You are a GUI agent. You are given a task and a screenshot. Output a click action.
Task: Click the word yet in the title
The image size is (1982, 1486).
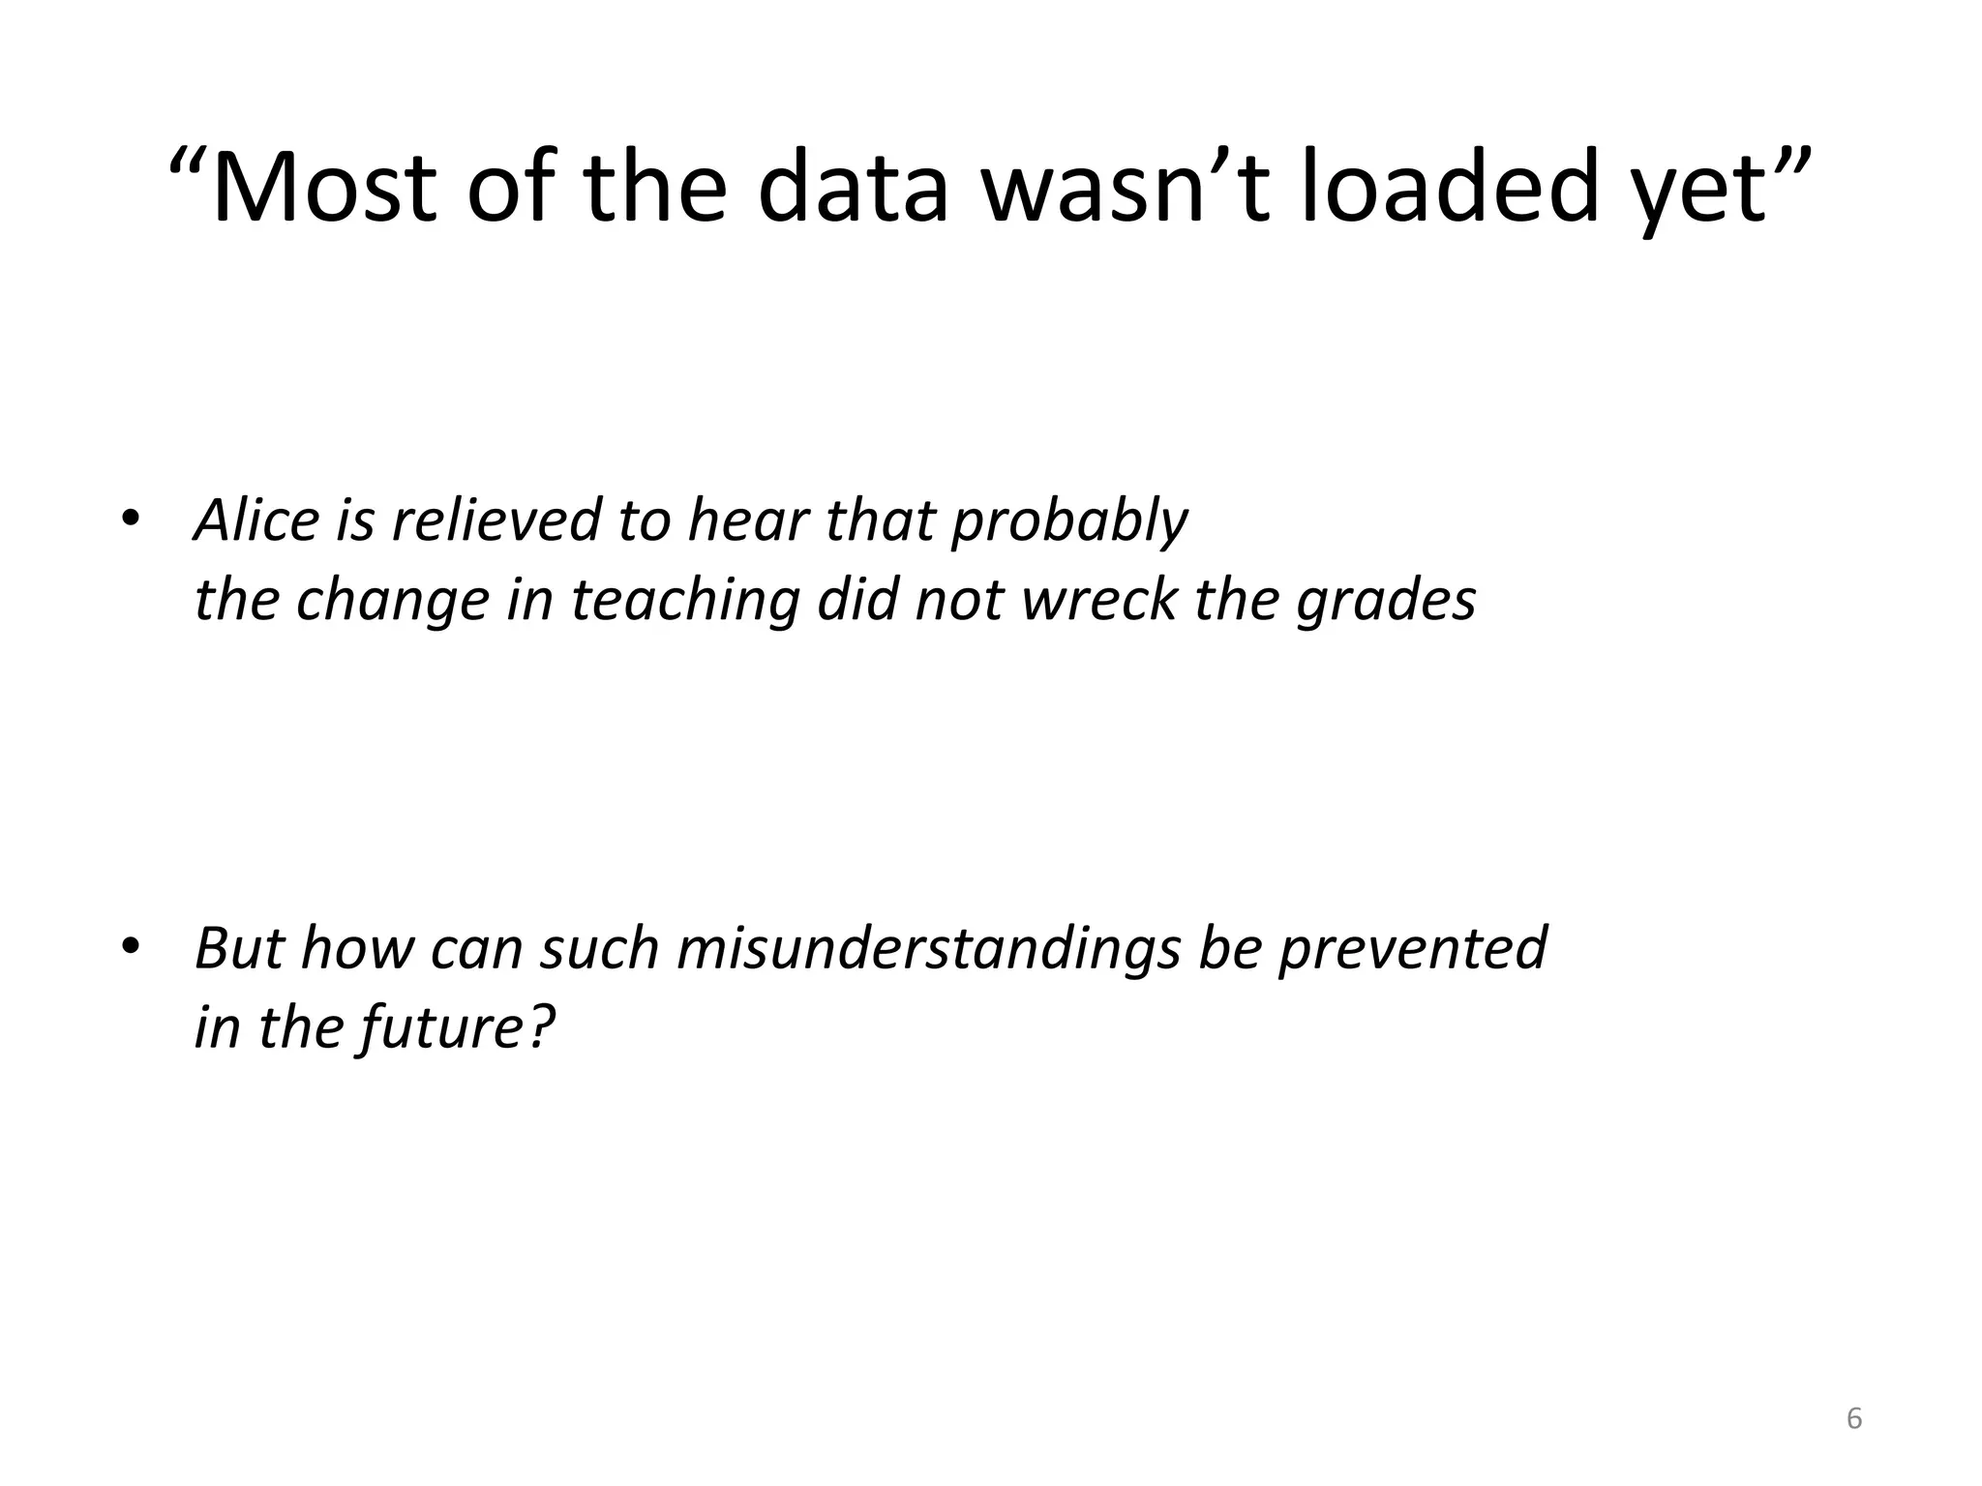pos(1702,193)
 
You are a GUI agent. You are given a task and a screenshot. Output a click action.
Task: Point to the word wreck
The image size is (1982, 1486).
pos(1099,600)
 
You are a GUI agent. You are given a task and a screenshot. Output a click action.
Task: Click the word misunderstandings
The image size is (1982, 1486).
pos(928,949)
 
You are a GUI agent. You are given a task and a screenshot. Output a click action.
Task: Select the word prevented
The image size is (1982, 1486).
pos(1412,949)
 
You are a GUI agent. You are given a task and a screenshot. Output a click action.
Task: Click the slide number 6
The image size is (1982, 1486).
pos(1854,1418)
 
